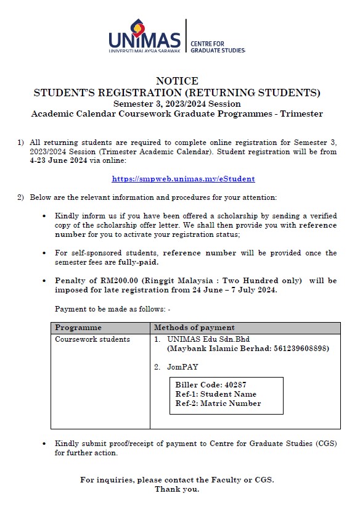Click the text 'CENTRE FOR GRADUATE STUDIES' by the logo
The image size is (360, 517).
click(x=217, y=46)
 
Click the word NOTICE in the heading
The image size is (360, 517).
click(x=177, y=81)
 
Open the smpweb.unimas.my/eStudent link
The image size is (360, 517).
click(x=183, y=179)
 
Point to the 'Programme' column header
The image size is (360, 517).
click(x=78, y=328)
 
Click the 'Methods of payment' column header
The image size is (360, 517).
click(x=194, y=328)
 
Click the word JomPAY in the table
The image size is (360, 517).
click(x=182, y=366)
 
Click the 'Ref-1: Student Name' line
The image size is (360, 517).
click(x=216, y=394)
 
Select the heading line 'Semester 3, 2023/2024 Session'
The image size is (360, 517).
click(x=177, y=104)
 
